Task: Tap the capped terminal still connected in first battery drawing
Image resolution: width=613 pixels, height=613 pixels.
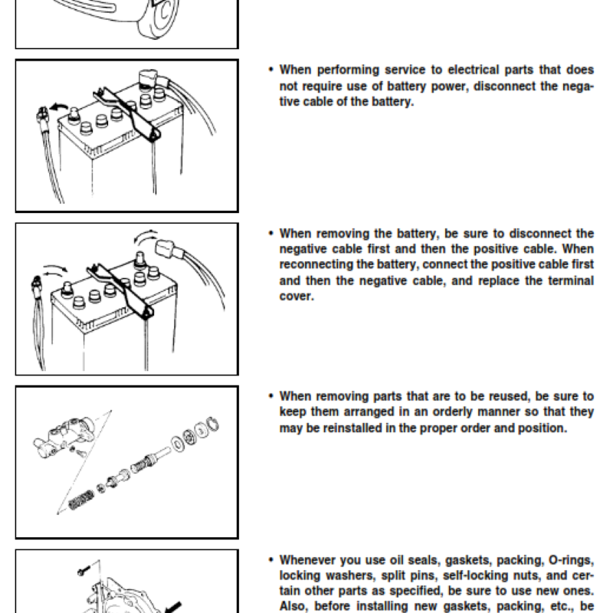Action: point(147,79)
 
